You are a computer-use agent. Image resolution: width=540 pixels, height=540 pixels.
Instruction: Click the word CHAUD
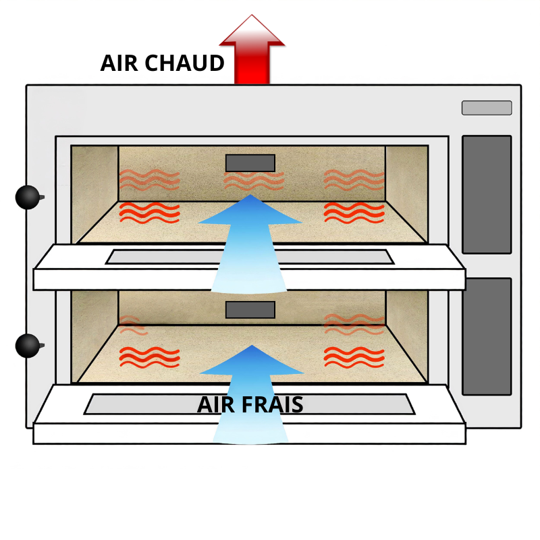tap(184, 63)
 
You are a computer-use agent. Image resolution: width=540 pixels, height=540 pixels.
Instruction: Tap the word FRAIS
tap(273, 404)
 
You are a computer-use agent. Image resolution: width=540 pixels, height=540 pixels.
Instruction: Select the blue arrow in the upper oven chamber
tap(250, 244)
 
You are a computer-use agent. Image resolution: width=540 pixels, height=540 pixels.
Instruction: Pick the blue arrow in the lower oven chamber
tap(251, 394)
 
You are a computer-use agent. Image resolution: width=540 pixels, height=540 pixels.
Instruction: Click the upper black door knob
tap(28, 197)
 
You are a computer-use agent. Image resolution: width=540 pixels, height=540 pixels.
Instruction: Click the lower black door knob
tap(28, 346)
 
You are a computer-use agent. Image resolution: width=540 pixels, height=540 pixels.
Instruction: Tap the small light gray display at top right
tap(487, 108)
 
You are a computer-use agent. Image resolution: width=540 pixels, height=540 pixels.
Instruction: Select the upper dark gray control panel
tap(487, 194)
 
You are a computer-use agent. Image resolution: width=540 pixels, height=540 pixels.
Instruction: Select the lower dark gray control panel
tap(487, 336)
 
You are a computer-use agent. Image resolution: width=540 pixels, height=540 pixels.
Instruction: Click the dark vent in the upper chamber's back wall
tap(250, 163)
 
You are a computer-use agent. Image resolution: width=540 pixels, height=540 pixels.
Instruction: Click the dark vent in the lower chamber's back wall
tap(250, 310)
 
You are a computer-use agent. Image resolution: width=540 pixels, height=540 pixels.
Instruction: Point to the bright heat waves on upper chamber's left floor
tap(149, 213)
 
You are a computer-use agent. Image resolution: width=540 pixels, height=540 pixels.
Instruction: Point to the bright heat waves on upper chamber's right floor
tap(354, 213)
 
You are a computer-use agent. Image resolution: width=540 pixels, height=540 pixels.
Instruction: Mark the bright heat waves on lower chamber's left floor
tap(149, 358)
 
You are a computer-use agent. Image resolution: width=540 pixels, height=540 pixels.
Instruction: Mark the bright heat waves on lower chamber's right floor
tap(354, 358)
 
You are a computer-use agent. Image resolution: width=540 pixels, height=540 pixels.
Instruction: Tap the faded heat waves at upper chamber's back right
tap(354, 180)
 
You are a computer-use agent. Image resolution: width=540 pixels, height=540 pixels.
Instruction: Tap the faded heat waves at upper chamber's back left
tap(149, 180)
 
